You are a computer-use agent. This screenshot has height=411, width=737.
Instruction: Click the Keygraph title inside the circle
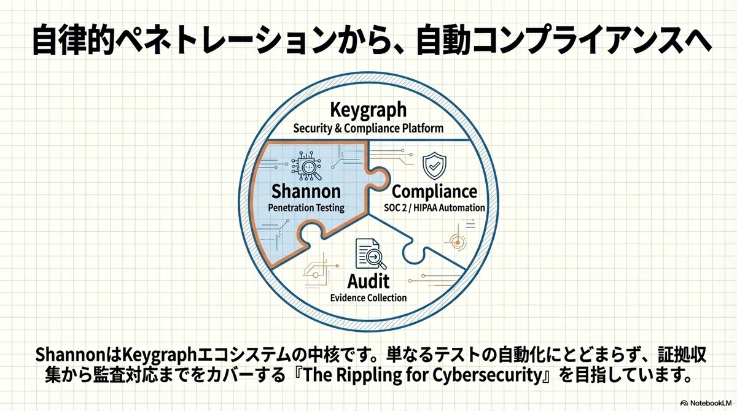pos(368,110)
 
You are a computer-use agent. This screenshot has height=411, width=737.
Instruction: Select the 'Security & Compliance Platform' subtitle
pos(368,128)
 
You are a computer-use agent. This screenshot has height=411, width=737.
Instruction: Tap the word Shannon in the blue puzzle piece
pos(306,191)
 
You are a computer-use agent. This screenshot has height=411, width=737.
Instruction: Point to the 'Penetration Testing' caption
pos(306,207)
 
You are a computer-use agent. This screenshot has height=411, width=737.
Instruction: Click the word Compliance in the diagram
pos(434,192)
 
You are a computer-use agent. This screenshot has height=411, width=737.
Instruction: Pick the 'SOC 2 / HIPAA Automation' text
pos(434,207)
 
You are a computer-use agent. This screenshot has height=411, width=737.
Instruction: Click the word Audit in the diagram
pos(368,281)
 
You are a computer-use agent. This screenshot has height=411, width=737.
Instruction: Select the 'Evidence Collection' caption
pos(368,298)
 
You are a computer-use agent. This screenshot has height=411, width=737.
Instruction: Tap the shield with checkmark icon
pos(434,166)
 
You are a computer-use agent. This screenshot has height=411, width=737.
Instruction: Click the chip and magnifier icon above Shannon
pos(306,166)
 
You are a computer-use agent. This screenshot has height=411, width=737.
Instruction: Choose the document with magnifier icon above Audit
pos(371,254)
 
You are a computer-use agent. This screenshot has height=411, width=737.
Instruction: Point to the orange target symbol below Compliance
pos(458,242)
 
